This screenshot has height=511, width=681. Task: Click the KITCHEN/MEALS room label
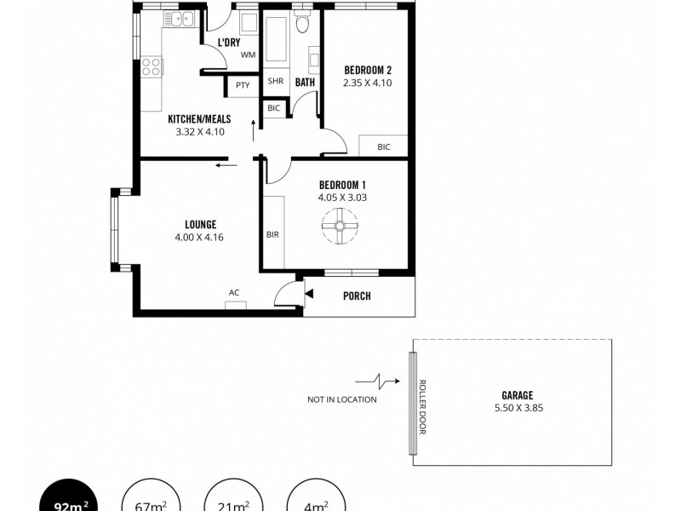[199, 119]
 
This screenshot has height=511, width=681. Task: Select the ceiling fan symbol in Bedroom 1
[339, 227]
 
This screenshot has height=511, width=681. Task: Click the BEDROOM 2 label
[367, 70]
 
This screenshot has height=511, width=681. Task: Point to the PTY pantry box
[243, 84]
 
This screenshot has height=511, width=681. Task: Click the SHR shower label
[275, 82]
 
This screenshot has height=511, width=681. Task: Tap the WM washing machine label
[248, 55]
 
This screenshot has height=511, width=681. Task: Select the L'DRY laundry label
[227, 43]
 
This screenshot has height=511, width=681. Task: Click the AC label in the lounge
[234, 292]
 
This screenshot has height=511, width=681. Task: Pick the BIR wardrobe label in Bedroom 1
[273, 233]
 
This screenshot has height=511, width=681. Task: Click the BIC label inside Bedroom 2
[383, 146]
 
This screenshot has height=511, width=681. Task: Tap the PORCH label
[357, 296]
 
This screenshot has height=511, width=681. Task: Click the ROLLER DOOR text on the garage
[421, 405]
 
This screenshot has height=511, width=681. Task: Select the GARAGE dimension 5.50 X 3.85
[517, 408]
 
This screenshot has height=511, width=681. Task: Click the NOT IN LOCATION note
[342, 399]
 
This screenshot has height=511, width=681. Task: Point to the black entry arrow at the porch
[309, 294]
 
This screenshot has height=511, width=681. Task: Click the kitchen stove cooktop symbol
[152, 65]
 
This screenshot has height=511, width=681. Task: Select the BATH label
[305, 82]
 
